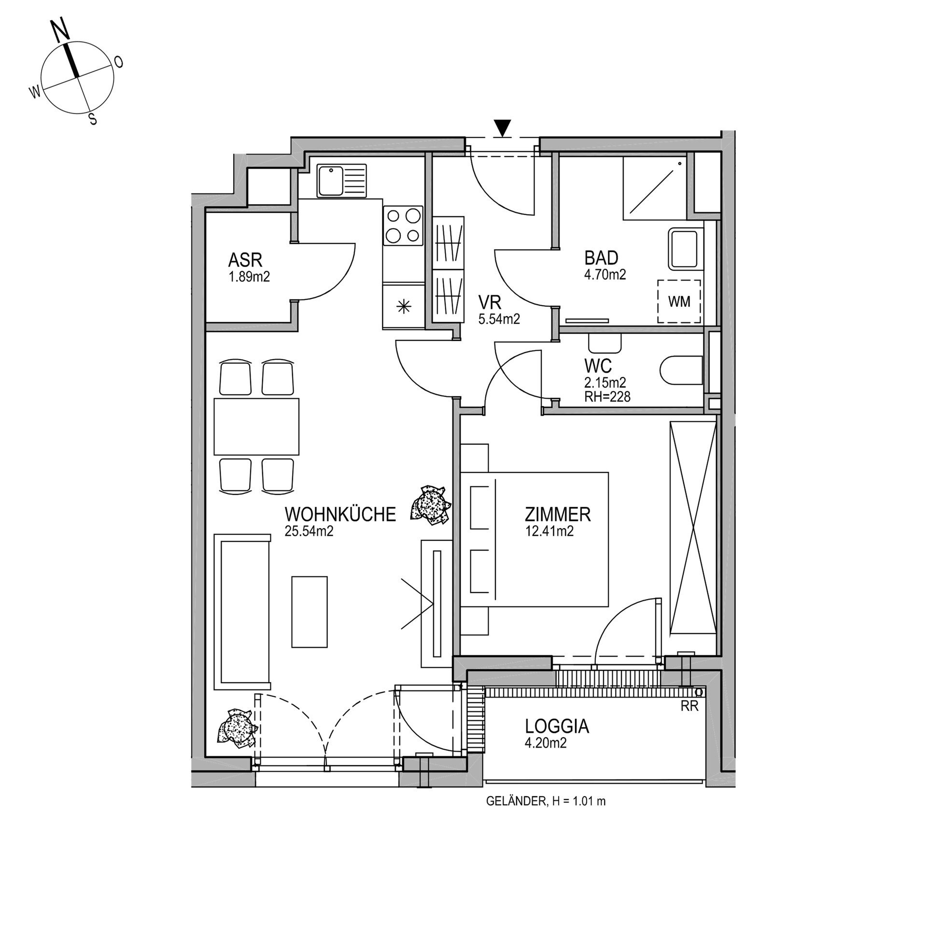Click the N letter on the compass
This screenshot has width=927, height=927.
click(60, 32)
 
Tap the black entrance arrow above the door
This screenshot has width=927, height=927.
click(503, 127)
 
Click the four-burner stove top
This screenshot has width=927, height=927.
click(403, 225)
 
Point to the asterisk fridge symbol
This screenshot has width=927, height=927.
click(403, 306)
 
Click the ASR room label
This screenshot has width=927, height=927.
click(245, 260)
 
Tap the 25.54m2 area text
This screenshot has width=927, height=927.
click(309, 531)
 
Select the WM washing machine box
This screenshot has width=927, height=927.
click(679, 302)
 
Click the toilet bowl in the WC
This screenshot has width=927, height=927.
click(681, 370)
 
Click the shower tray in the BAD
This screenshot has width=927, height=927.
click(655, 187)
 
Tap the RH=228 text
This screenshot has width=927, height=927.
click(607, 396)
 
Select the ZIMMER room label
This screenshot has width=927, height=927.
click(558, 514)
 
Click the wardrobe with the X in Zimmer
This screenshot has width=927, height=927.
click(693, 527)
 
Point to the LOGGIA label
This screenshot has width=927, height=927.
click(557, 726)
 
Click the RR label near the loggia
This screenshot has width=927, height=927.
click(689, 706)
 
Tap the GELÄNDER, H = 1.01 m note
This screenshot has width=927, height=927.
click(546, 801)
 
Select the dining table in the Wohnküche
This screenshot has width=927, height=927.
click(256, 426)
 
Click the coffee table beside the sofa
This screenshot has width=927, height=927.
click(309, 611)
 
